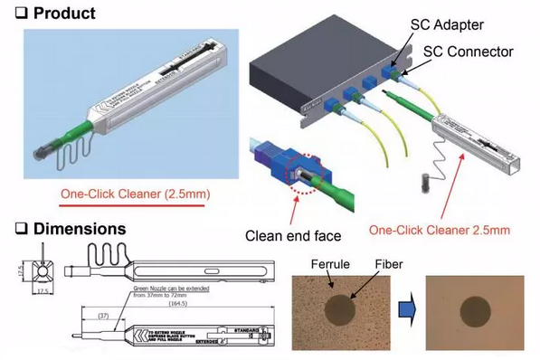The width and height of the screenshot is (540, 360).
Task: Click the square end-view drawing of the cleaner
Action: [x=41, y=270]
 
